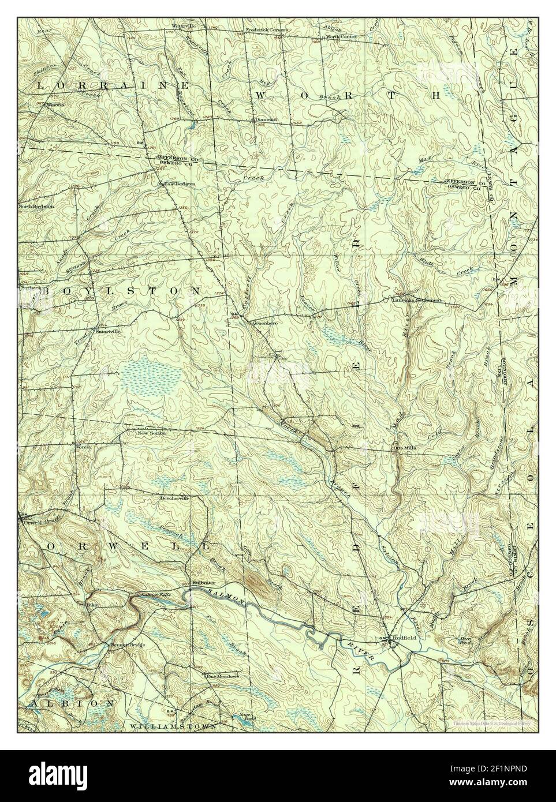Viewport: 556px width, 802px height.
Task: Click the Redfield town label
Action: click(405, 638)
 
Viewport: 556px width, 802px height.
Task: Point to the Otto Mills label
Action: click(405, 447)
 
